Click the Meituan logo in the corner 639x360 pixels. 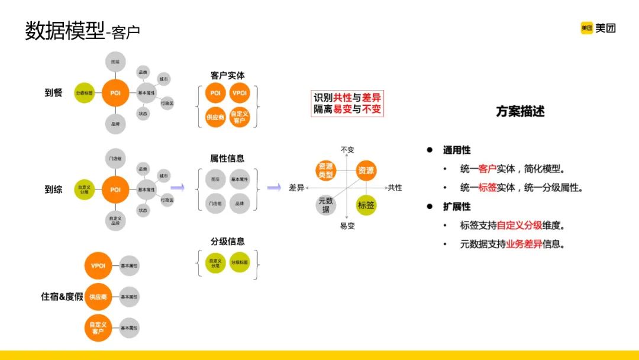pos(598,28)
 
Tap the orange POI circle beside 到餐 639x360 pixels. pos(115,93)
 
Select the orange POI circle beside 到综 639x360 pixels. pos(115,189)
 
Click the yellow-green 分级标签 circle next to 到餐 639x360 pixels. pos(85,93)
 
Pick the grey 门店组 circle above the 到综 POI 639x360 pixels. pos(115,159)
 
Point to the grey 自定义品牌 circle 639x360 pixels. pos(115,221)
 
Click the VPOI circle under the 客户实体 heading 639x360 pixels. pos(239,94)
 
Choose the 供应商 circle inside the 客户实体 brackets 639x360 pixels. pos(215,117)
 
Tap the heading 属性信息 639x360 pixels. pos(227,159)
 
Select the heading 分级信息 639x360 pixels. pos(227,242)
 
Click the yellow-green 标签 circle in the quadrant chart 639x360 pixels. pos(366,205)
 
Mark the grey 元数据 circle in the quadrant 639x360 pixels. pos(325,205)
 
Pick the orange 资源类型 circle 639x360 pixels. pos(325,171)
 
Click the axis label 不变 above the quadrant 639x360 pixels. pos(347,150)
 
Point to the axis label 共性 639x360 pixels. pos(395,188)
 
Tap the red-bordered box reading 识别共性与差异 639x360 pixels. pos(347,104)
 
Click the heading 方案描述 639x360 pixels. pos(520,111)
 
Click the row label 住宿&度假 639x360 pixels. pos(62,297)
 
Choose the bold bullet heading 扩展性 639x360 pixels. pos(457,207)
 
